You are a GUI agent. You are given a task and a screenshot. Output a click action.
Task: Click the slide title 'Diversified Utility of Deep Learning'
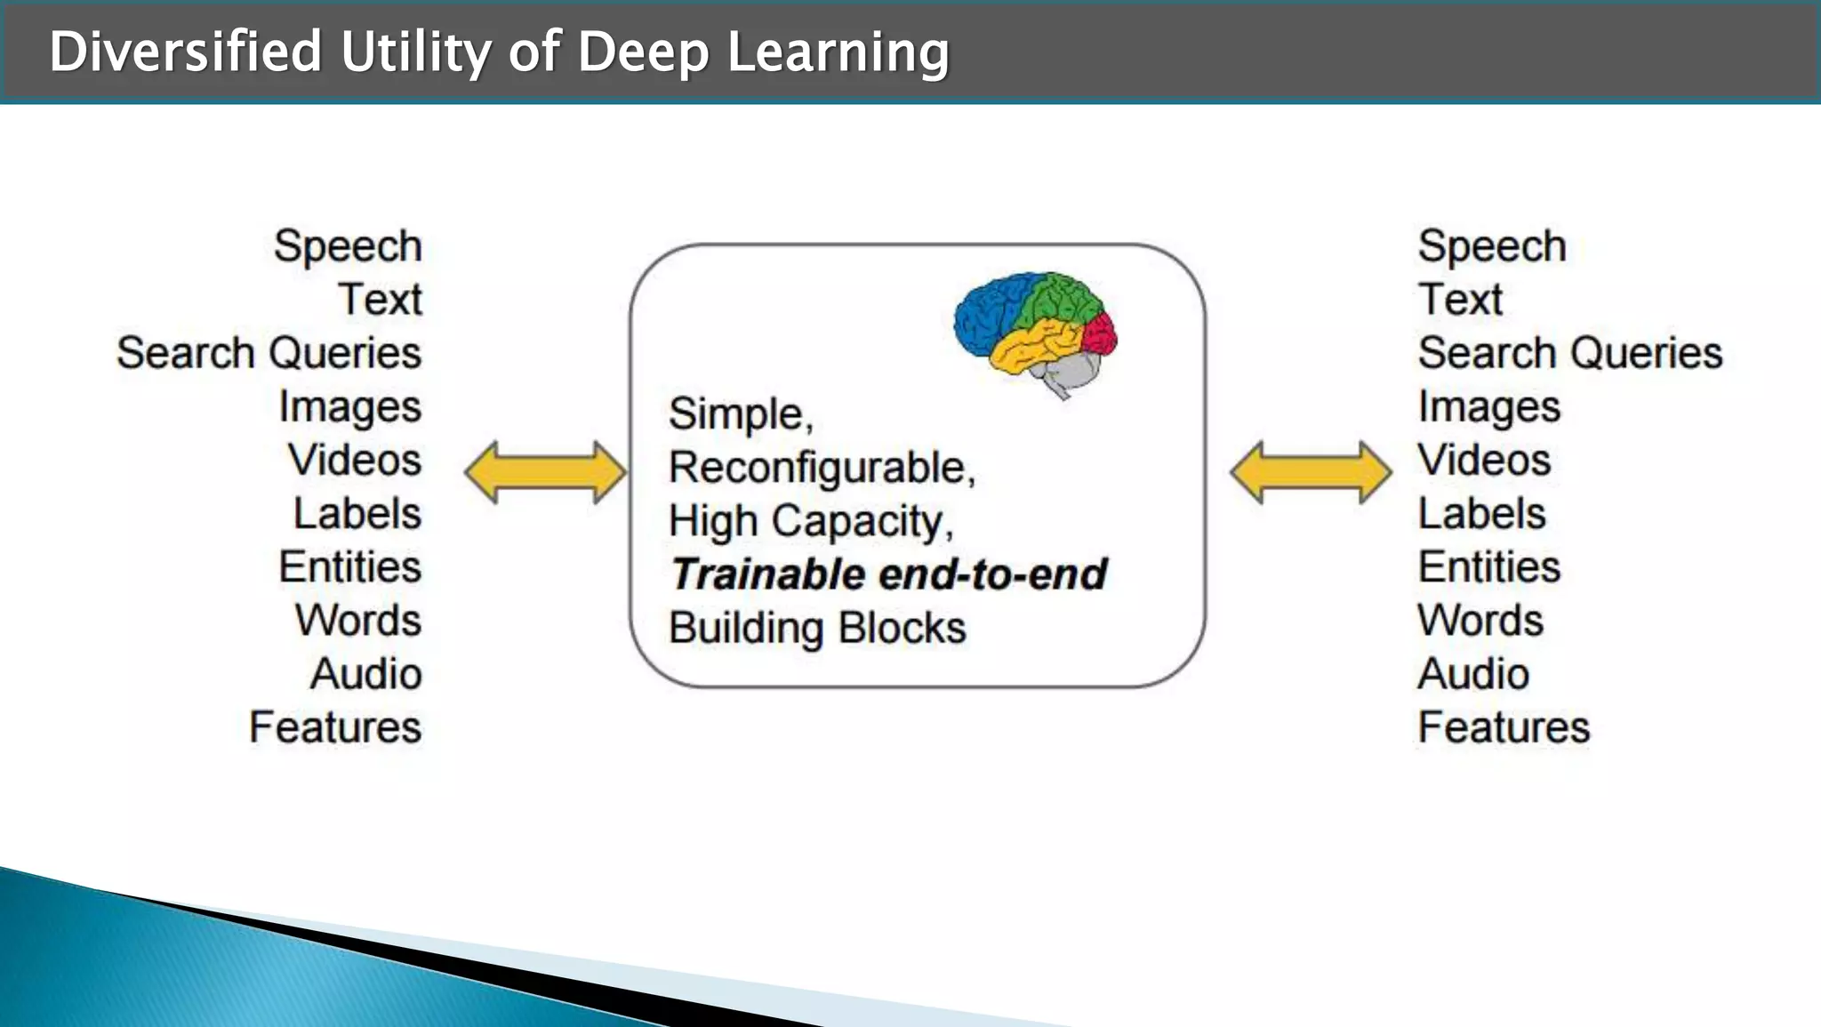pos(499,52)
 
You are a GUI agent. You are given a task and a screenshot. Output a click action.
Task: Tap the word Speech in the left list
pos(348,246)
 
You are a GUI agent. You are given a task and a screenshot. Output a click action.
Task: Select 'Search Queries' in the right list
pos(1569,353)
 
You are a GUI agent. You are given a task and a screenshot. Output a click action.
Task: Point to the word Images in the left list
pos(349,407)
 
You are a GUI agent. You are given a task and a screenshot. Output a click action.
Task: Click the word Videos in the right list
pos(1484,461)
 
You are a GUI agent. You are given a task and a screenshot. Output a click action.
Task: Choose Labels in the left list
pos(357,514)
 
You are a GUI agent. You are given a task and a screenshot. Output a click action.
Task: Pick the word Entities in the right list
pos(1489,567)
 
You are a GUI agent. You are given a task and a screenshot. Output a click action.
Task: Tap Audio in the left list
pos(365,674)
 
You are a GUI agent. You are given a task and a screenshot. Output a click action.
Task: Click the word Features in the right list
pos(1504,727)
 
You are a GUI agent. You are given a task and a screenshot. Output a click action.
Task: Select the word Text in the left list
pos(380,300)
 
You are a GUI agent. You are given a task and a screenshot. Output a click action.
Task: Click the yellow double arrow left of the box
pos(546,472)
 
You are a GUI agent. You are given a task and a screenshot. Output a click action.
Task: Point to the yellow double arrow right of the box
pos(1312,472)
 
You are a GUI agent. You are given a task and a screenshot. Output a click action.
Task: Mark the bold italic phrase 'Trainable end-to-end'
pos(888,574)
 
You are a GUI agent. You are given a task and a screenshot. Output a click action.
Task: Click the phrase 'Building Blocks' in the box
pos(817,628)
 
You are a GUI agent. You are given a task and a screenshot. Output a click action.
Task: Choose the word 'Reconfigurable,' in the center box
pos(822,468)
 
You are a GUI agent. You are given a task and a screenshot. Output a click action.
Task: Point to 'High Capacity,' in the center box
pos(811,521)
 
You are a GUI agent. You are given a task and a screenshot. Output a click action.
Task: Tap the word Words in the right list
pos(1480,621)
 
